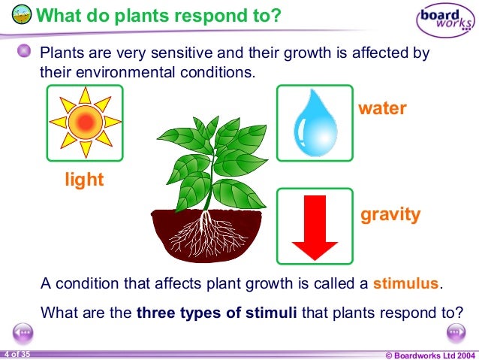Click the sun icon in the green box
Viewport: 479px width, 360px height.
click(84, 122)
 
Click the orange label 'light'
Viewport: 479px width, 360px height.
click(83, 180)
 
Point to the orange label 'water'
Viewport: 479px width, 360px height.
click(382, 108)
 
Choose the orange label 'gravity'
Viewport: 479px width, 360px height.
click(390, 214)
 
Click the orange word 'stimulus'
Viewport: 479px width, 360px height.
click(406, 284)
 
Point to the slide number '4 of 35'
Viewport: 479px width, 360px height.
click(17, 353)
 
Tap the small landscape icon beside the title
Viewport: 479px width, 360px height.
click(23, 14)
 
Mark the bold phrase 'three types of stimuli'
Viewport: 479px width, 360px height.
click(217, 311)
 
